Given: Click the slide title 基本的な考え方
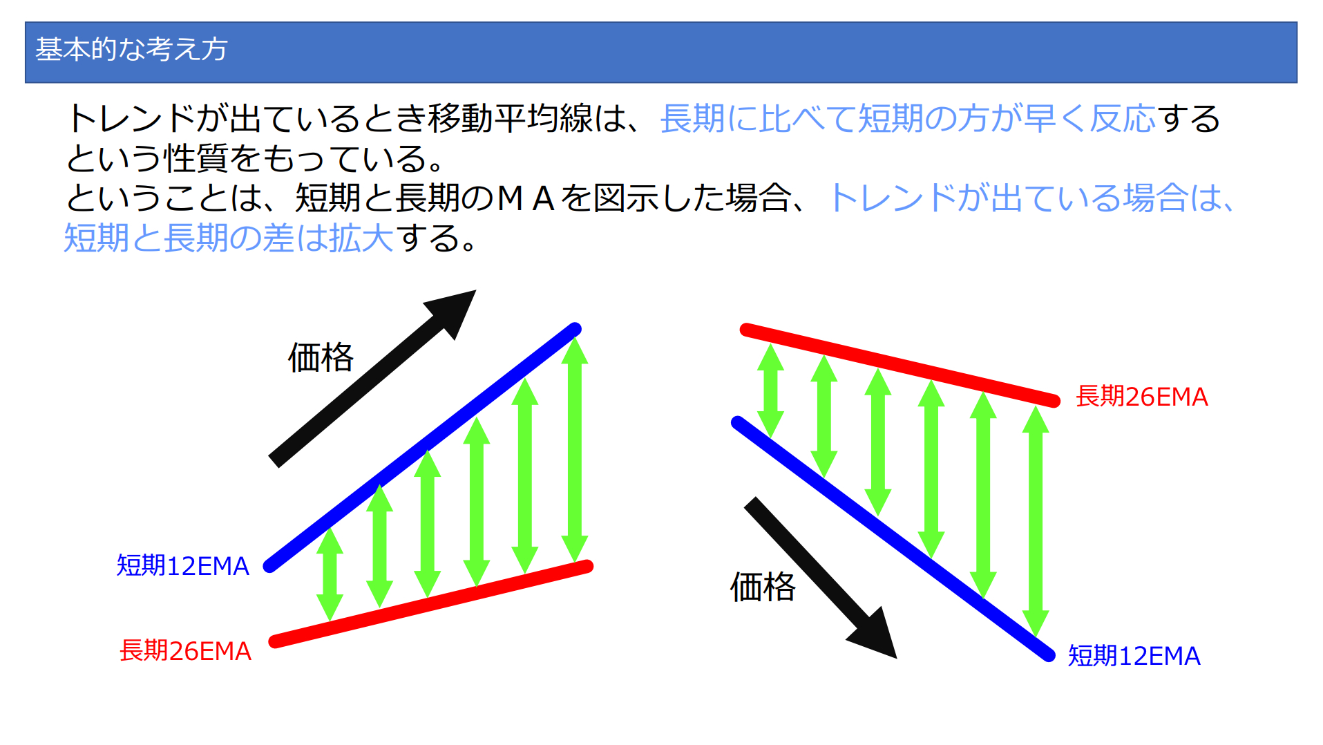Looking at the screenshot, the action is click(x=131, y=49).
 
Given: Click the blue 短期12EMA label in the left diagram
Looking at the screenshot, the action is click(x=182, y=565).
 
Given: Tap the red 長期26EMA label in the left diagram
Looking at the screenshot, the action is click(x=185, y=650).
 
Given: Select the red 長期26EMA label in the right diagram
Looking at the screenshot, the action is click(x=1142, y=396).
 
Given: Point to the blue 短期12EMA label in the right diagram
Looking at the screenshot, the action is click(x=1134, y=655).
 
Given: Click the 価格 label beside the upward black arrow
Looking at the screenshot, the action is click(x=321, y=357).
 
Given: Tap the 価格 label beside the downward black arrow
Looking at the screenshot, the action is click(x=763, y=587).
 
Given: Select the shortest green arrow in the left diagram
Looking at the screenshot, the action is click(x=330, y=574).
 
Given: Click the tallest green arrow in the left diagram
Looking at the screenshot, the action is click(x=575, y=450).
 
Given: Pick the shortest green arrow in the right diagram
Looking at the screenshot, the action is click(x=770, y=390).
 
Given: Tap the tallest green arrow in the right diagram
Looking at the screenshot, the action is click(x=1036, y=521).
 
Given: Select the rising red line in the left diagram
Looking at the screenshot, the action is click(x=431, y=604).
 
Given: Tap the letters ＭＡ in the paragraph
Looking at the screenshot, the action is click(x=526, y=198).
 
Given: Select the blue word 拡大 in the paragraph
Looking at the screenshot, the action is click(x=361, y=238).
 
